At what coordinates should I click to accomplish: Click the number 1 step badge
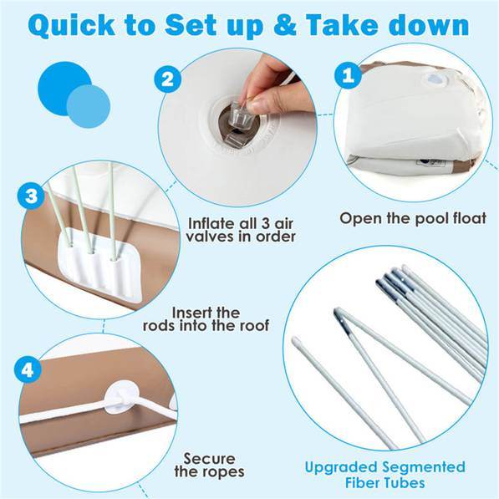[x=348, y=75]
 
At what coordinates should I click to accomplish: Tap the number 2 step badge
[x=168, y=79]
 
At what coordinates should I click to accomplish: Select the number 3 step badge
[x=31, y=196]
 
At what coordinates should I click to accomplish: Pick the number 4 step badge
[x=28, y=369]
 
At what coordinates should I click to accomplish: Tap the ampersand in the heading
[x=285, y=25]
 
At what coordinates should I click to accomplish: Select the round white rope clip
[x=121, y=398]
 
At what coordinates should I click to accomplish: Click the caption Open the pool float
[x=413, y=218]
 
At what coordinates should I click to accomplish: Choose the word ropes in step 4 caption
[x=225, y=472]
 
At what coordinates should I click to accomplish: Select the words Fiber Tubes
[x=385, y=483]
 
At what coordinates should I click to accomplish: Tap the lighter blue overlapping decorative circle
[x=89, y=106]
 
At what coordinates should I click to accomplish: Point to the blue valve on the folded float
[x=433, y=79]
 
